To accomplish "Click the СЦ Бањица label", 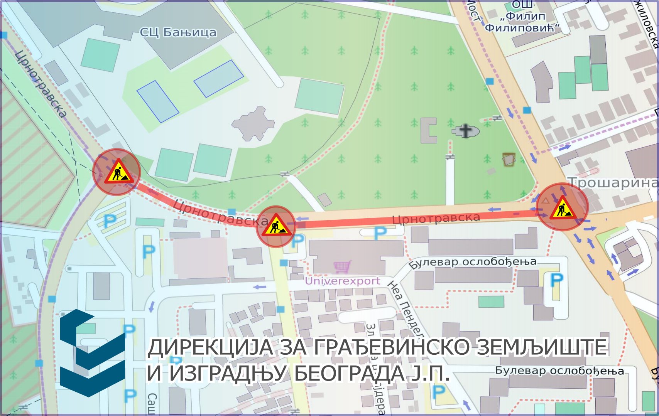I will (x=178, y=32).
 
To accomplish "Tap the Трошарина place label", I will (x=613, y=182).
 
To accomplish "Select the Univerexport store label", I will (x=343, y=281).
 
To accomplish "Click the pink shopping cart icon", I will (x=342, y=266).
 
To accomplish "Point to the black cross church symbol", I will (x=466, y=131).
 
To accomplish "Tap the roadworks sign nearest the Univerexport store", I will (x=276, y=226).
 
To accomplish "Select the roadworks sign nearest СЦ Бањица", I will (x=117, y=172).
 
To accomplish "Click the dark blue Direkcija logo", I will (x=93, y=353).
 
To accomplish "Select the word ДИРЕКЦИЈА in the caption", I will (x=211, y=347).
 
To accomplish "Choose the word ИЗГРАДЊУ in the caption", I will (x=229, y=373).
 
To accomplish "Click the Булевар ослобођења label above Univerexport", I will (x=472, y=262).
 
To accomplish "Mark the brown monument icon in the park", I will (x=509, y=159).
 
